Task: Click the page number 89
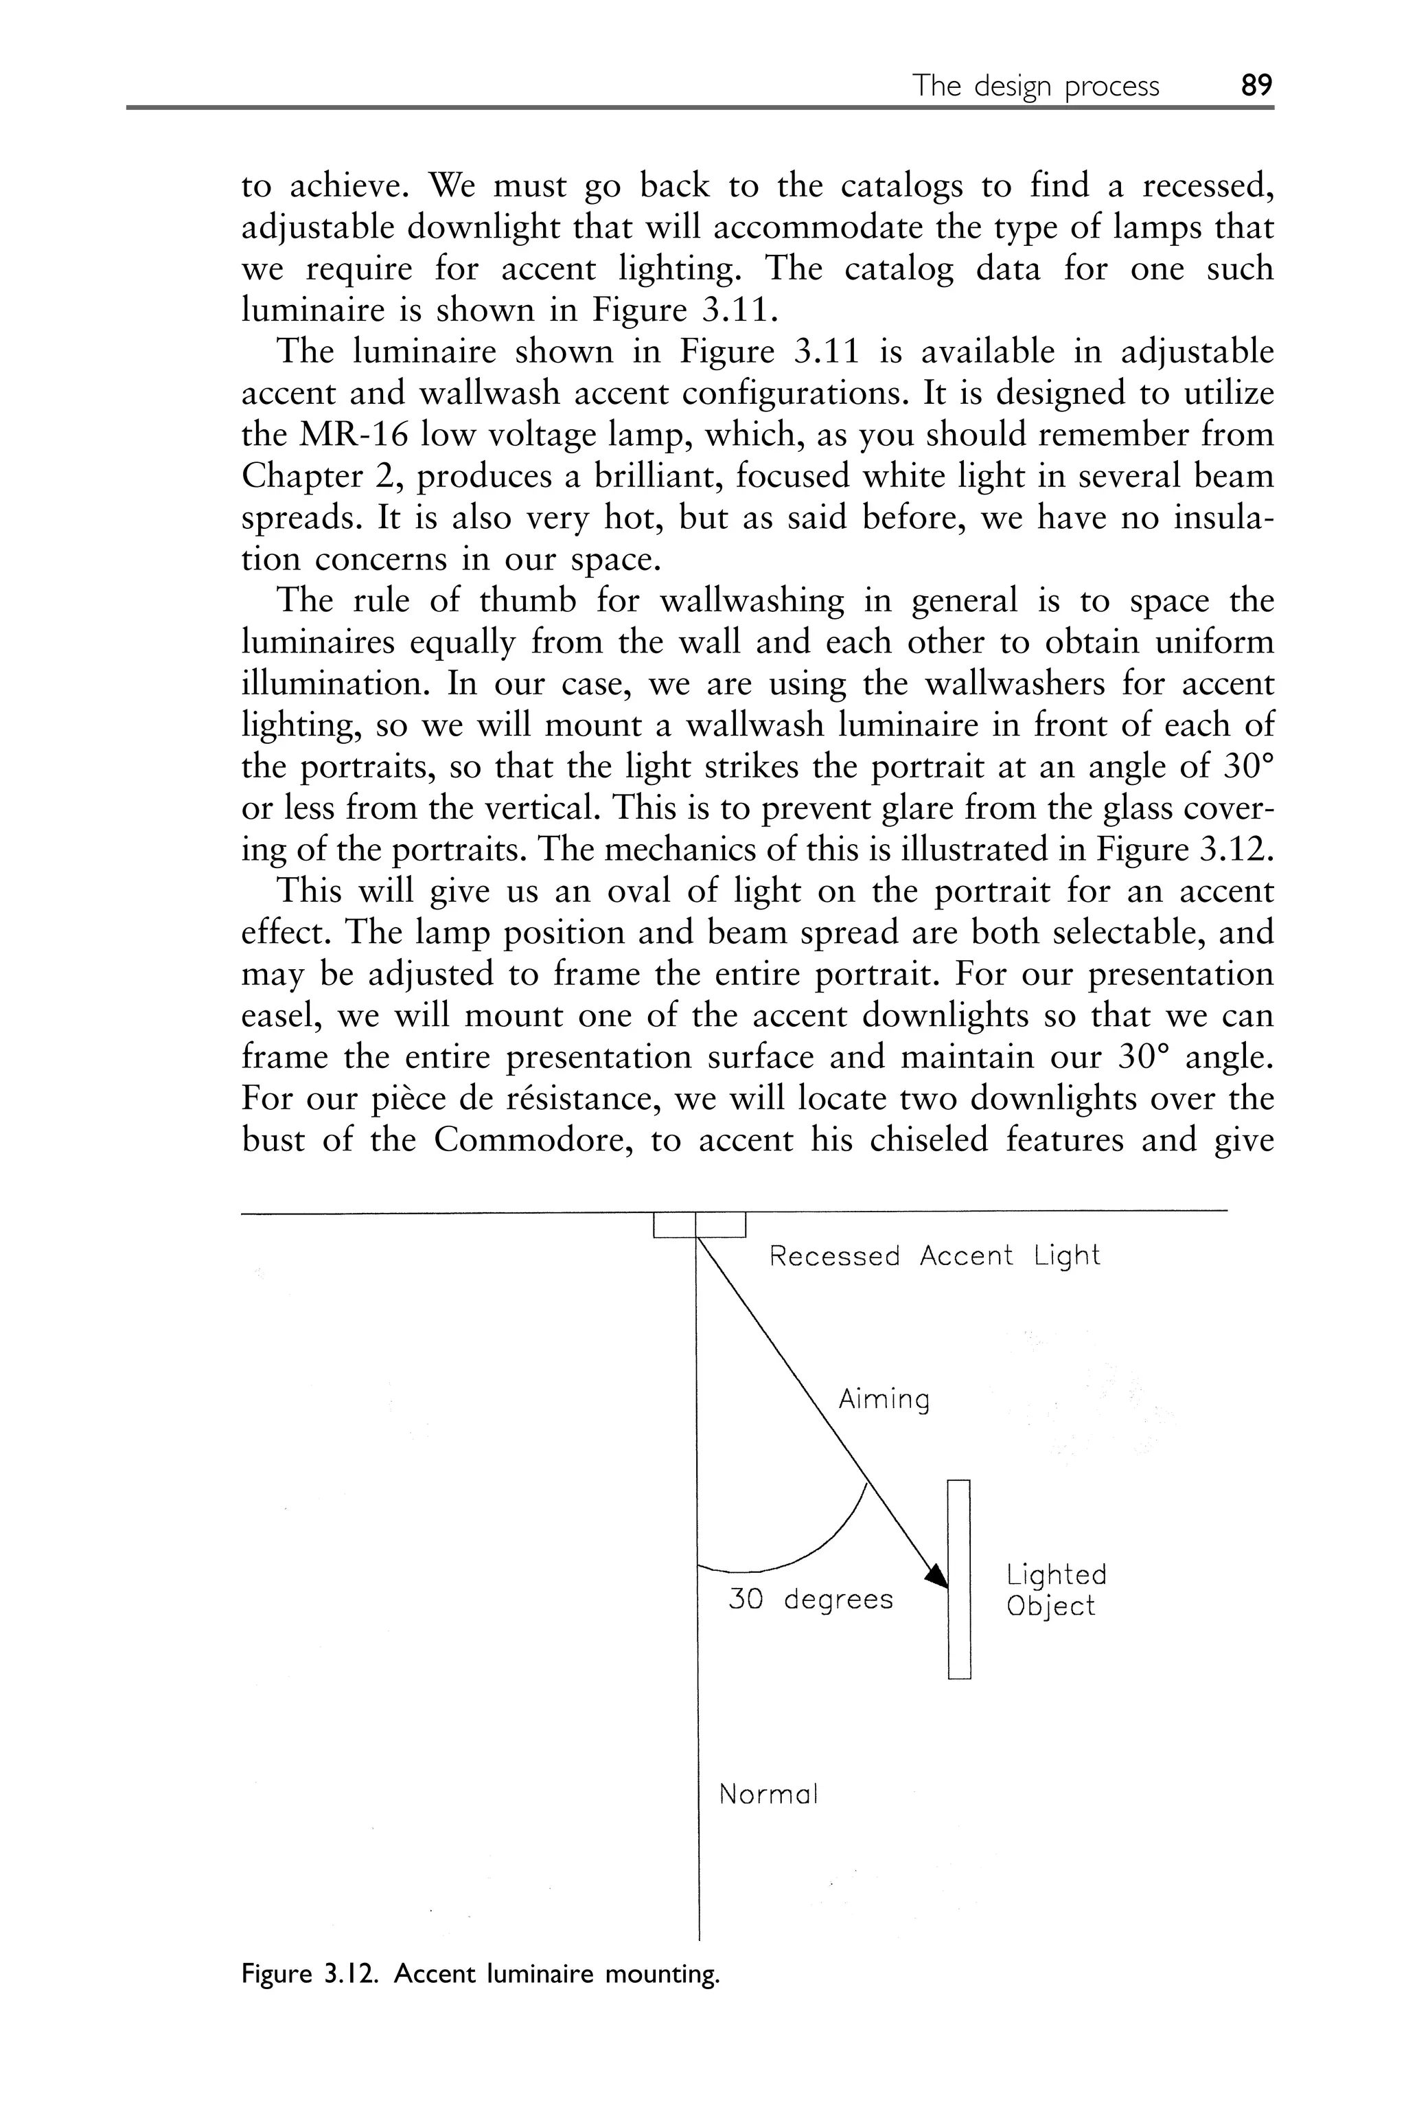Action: (x=1256, y=85)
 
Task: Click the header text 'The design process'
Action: (x=1036, y=86)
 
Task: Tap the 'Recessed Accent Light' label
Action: (x=934, y=1256)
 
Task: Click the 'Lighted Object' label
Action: (x=1055, y=1589)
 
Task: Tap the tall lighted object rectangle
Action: (x=960, y=1578)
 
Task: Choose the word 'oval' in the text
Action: (x=638, y=892)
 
